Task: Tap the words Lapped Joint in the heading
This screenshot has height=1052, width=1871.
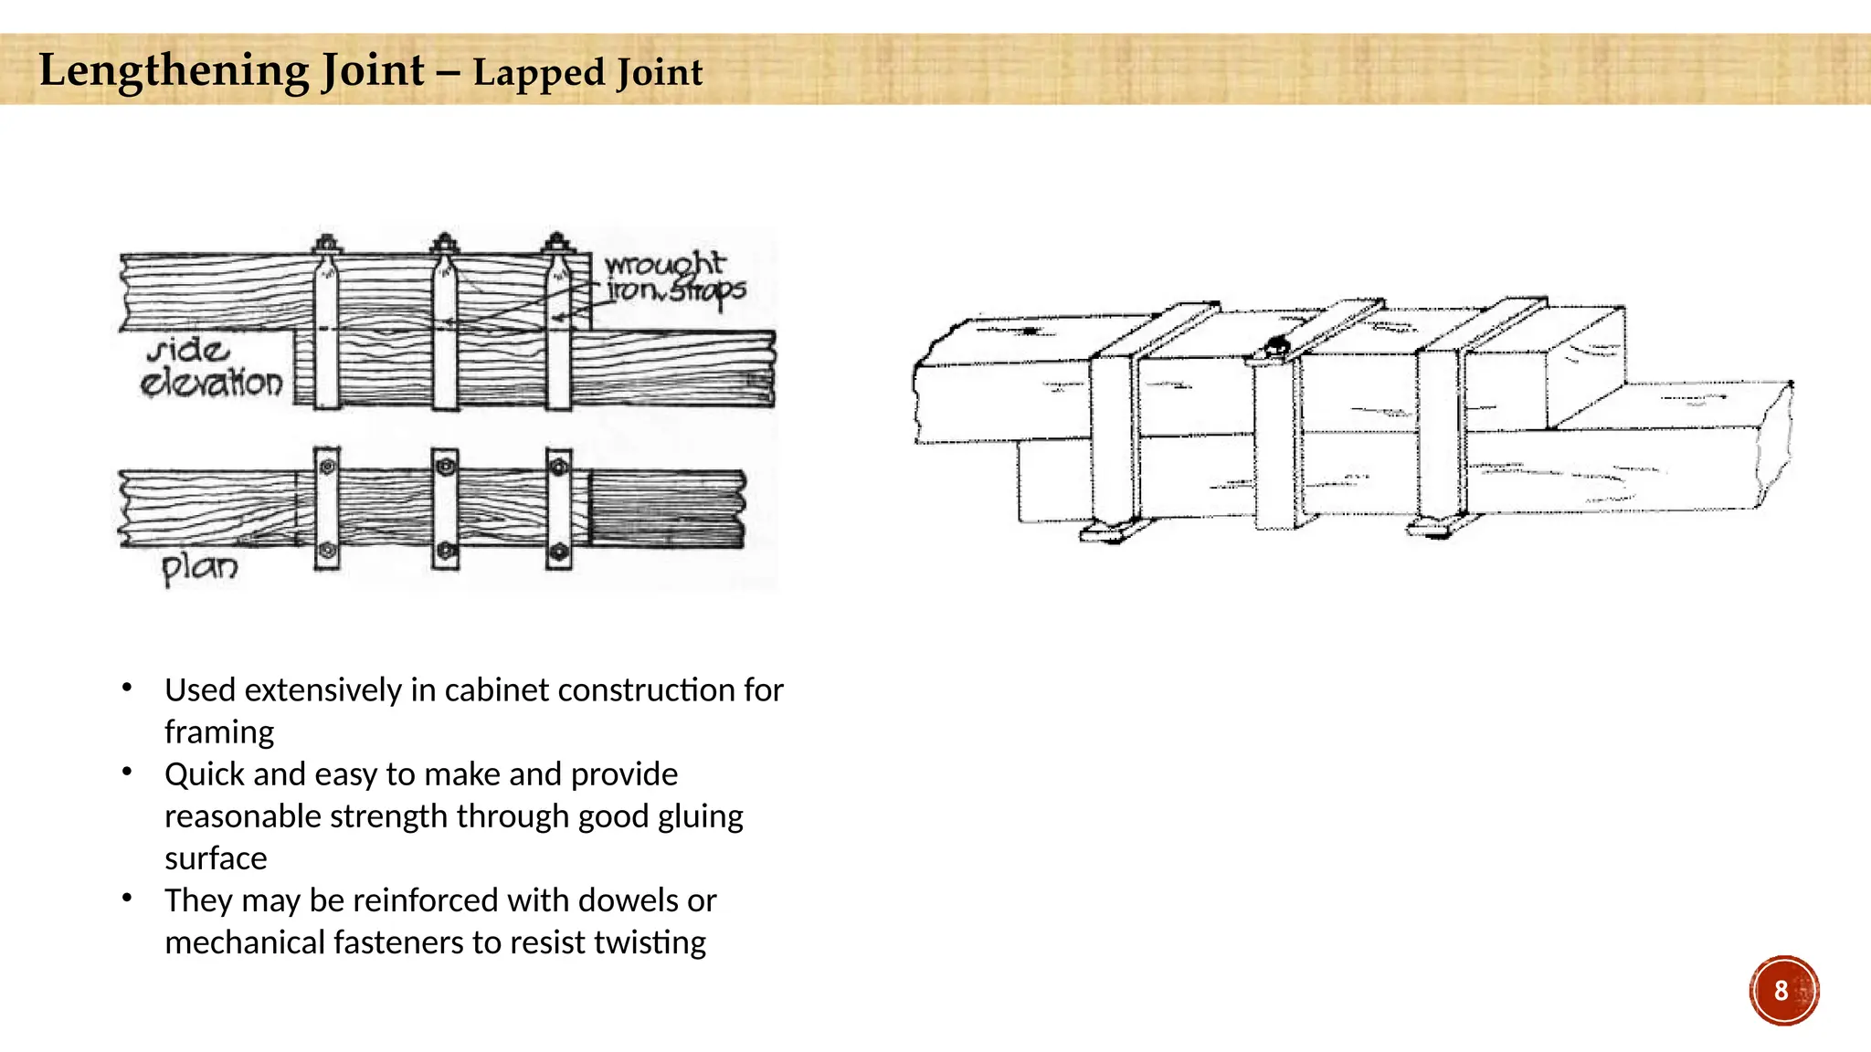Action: (x=587, y=73)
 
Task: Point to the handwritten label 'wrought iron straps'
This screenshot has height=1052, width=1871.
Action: (x=674, y=277)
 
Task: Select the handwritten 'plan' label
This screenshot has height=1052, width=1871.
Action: (x=199, y=567)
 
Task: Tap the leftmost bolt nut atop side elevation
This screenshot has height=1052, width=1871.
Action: (x=326, y=245)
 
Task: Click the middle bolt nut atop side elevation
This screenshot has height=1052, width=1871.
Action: (x=444, y=244)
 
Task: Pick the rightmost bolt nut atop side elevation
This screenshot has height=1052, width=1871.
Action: (x=557, y=244)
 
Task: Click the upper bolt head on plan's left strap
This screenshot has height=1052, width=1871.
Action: (x=327, y=467)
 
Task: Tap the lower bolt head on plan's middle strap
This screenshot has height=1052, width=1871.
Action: (x=445, y=550)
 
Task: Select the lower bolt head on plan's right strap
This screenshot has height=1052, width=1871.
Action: (x=558, y=552)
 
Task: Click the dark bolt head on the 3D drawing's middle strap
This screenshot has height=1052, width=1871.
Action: (x=1276, y=347)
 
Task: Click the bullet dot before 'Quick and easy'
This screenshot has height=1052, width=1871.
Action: (x=127, y=773)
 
